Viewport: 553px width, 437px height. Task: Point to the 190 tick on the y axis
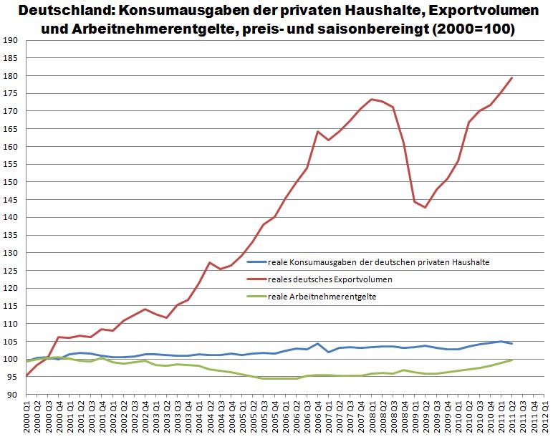(10, 41)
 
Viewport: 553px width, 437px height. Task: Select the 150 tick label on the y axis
(10, 182)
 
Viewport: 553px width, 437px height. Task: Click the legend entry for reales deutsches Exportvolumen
(330, 279)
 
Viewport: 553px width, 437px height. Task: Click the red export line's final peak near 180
(512, 78)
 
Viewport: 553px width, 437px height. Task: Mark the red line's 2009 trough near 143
(426, 208)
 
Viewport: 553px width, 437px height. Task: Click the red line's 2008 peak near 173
(372, 100)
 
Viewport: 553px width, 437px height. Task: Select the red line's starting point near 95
(27, 375)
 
